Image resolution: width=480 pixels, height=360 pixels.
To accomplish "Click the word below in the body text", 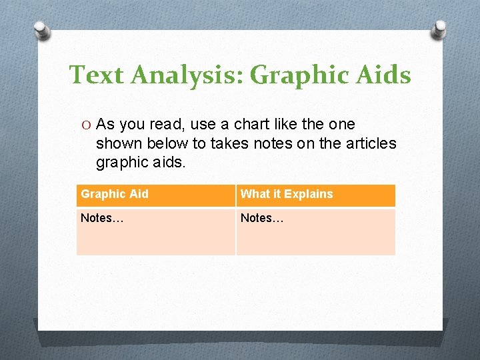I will point(162,143).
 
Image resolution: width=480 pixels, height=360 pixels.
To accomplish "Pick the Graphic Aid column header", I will point(115,194).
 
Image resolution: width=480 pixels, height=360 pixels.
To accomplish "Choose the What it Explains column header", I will point(287,194).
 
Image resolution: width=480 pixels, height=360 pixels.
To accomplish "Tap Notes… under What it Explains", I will point(262,218).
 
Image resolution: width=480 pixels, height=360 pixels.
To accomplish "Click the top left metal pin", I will point(42,31).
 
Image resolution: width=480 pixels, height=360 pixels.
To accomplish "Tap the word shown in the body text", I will point(118,143).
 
